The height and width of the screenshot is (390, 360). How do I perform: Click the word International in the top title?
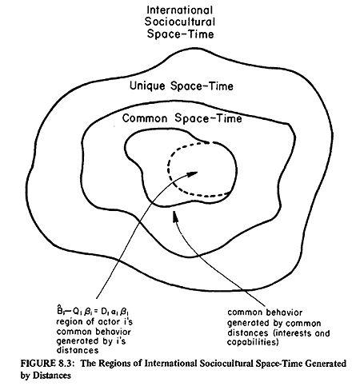tap(180, 10)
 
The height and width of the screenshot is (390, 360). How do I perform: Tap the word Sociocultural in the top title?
tap(180, 22)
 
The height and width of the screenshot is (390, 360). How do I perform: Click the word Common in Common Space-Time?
tap(145, 118)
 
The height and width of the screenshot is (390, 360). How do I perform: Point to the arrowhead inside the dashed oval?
tap(192, 174)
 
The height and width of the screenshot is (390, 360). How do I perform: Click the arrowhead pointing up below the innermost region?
tap(175, 216)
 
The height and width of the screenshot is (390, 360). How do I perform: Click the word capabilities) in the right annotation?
tap(253, 342)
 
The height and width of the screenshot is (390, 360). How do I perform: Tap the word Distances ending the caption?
tap(52, 376)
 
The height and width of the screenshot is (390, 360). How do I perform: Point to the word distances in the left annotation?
tap(78, 350)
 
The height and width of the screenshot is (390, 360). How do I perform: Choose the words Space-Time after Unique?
tap(202, 86)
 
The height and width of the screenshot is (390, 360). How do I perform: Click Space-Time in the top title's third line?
tap(180, 34)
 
